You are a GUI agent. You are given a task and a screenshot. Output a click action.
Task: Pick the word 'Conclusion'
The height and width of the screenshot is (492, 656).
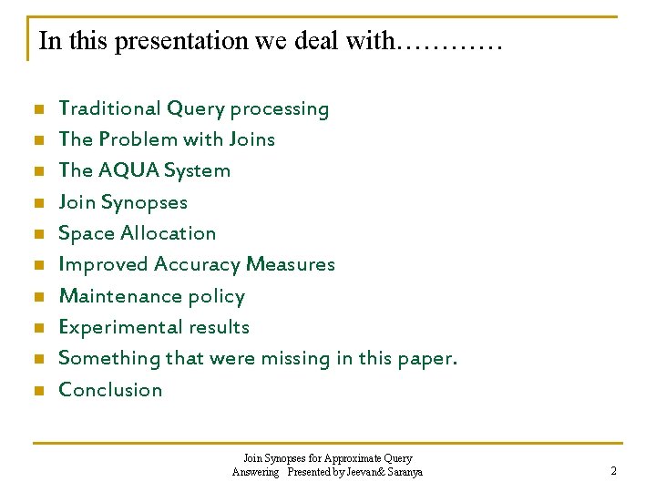pyautogui.click(x=110, y=390)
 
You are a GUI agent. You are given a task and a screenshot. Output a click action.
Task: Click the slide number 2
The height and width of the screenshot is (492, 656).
pyautogui.click(x=614, y=471)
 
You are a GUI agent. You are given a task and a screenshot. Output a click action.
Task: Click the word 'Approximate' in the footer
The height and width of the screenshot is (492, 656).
pyautogui.click(x=348, y=458)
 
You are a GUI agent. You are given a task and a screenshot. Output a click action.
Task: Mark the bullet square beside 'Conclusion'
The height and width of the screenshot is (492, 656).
pyautogui.click(x=38, y=391)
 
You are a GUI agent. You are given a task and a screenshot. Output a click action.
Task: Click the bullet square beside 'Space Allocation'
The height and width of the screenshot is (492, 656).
pyautogui.click(x=38, y=234)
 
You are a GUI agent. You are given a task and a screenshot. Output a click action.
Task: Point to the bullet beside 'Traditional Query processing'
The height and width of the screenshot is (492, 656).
pyautogui.click(x=38, y=109)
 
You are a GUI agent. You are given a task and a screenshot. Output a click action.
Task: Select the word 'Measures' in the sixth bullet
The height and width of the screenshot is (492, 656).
pyautogui.click(x=296, y=264)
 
